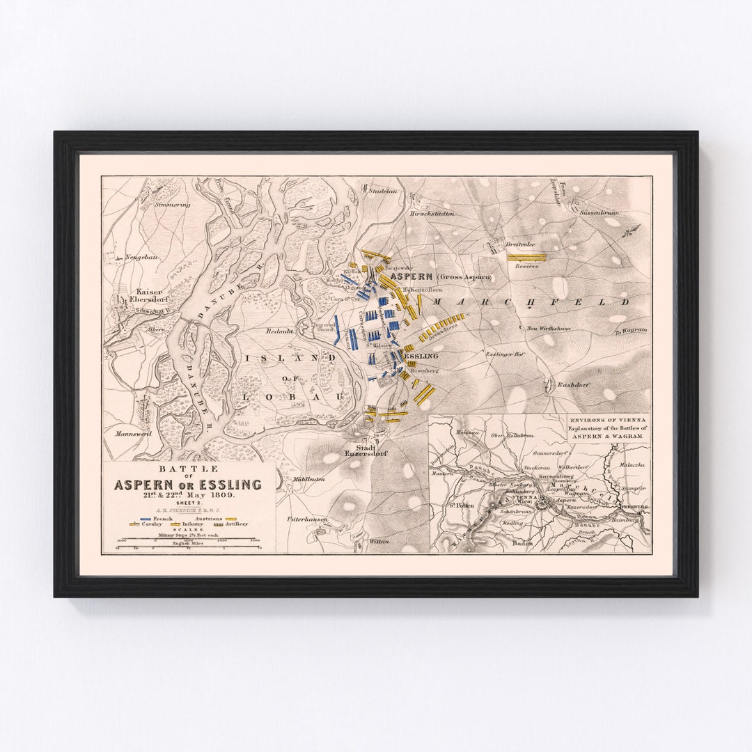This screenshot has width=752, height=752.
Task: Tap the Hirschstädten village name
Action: click(432, 213)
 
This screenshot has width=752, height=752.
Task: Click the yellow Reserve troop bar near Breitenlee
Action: click(526, 257)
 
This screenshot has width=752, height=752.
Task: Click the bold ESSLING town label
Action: click(421, 356)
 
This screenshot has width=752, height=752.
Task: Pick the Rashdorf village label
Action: click(573, 384)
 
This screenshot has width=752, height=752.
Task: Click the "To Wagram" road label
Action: click(631, 329)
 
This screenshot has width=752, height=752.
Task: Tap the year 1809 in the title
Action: click(220, 495)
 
